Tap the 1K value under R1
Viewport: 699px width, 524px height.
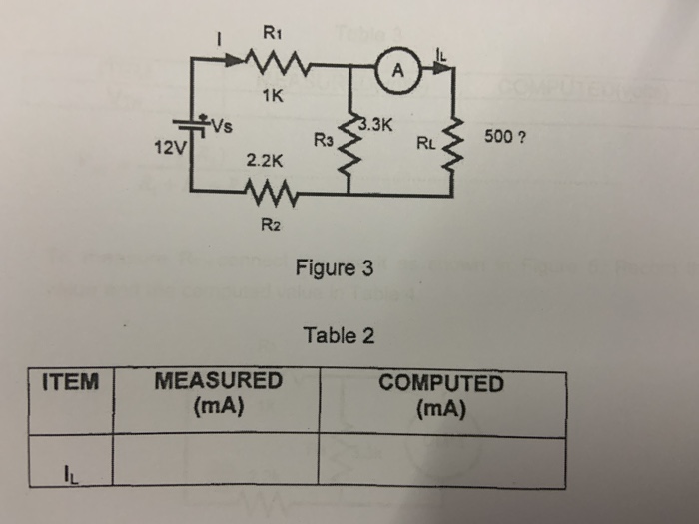[270, 98]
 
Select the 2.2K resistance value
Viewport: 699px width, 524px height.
[266, 159]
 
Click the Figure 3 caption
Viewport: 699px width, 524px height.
[335, 268]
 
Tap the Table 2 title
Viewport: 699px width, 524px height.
[340, 335]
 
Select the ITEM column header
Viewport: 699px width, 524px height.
[71, 382]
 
